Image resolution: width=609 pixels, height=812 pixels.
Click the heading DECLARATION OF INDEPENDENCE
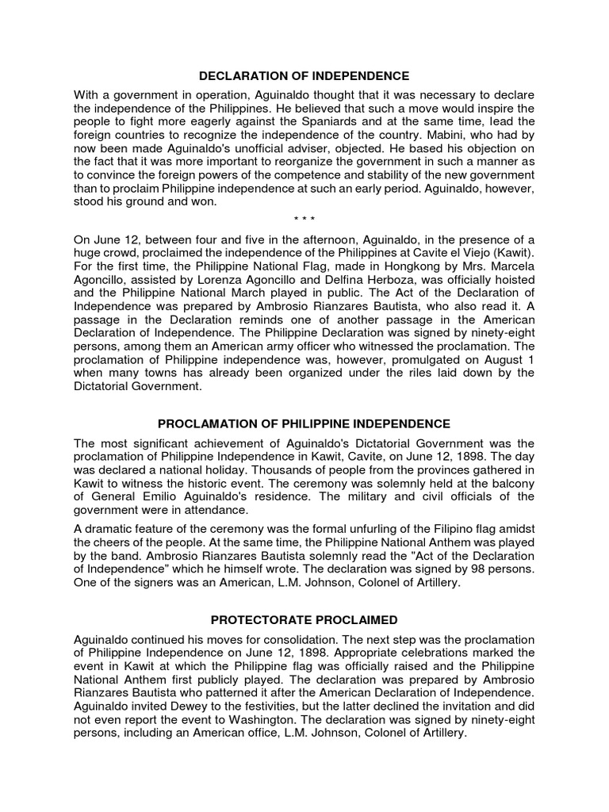(304, 76)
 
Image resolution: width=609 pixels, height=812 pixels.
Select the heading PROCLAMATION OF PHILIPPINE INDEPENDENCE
(304, 423)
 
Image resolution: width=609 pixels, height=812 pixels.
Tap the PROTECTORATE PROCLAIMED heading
(304, 619)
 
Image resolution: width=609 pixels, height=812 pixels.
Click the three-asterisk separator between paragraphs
(304, 219)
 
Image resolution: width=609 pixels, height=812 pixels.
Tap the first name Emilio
(157, 496)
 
